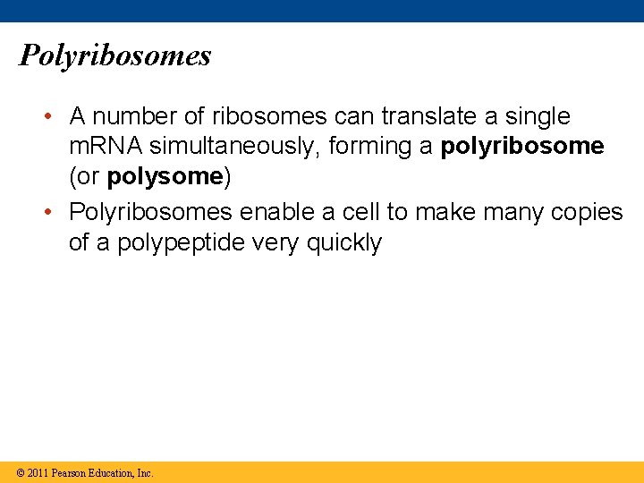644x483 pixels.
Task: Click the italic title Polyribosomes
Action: point(114,55)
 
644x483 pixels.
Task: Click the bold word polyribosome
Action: point(522,146)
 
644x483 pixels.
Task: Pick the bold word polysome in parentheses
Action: point(165,176)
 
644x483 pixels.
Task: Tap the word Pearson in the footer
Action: point(72,473)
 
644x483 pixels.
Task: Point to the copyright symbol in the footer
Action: point(19,473)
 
